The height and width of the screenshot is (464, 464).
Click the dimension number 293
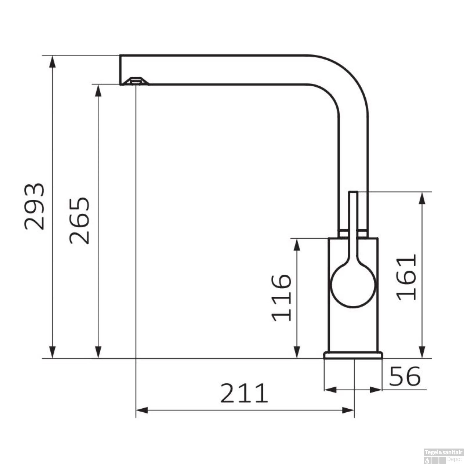(x=35, y=207)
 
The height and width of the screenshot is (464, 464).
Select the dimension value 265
(x=79, y=220)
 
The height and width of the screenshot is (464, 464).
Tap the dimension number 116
(x=281, y=297)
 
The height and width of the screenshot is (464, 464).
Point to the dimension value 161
(x=406, y=277)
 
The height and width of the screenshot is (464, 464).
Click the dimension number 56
(x=405, y=376)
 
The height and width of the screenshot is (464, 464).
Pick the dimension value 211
(x=244, y=393)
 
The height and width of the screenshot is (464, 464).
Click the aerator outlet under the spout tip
(x=135, y=81)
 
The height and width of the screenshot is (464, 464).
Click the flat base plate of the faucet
(x=353, y=355)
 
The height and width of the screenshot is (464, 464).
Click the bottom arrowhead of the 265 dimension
(x=98, y=353)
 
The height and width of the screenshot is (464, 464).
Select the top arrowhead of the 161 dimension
(x=422, y=198)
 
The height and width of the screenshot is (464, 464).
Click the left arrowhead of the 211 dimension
(x=142, y=410)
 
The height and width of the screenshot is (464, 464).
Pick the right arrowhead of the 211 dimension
(x=348, y=410)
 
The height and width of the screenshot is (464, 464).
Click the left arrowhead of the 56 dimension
(x=330, y=390)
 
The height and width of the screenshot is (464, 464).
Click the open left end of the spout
(x=121, y=70)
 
